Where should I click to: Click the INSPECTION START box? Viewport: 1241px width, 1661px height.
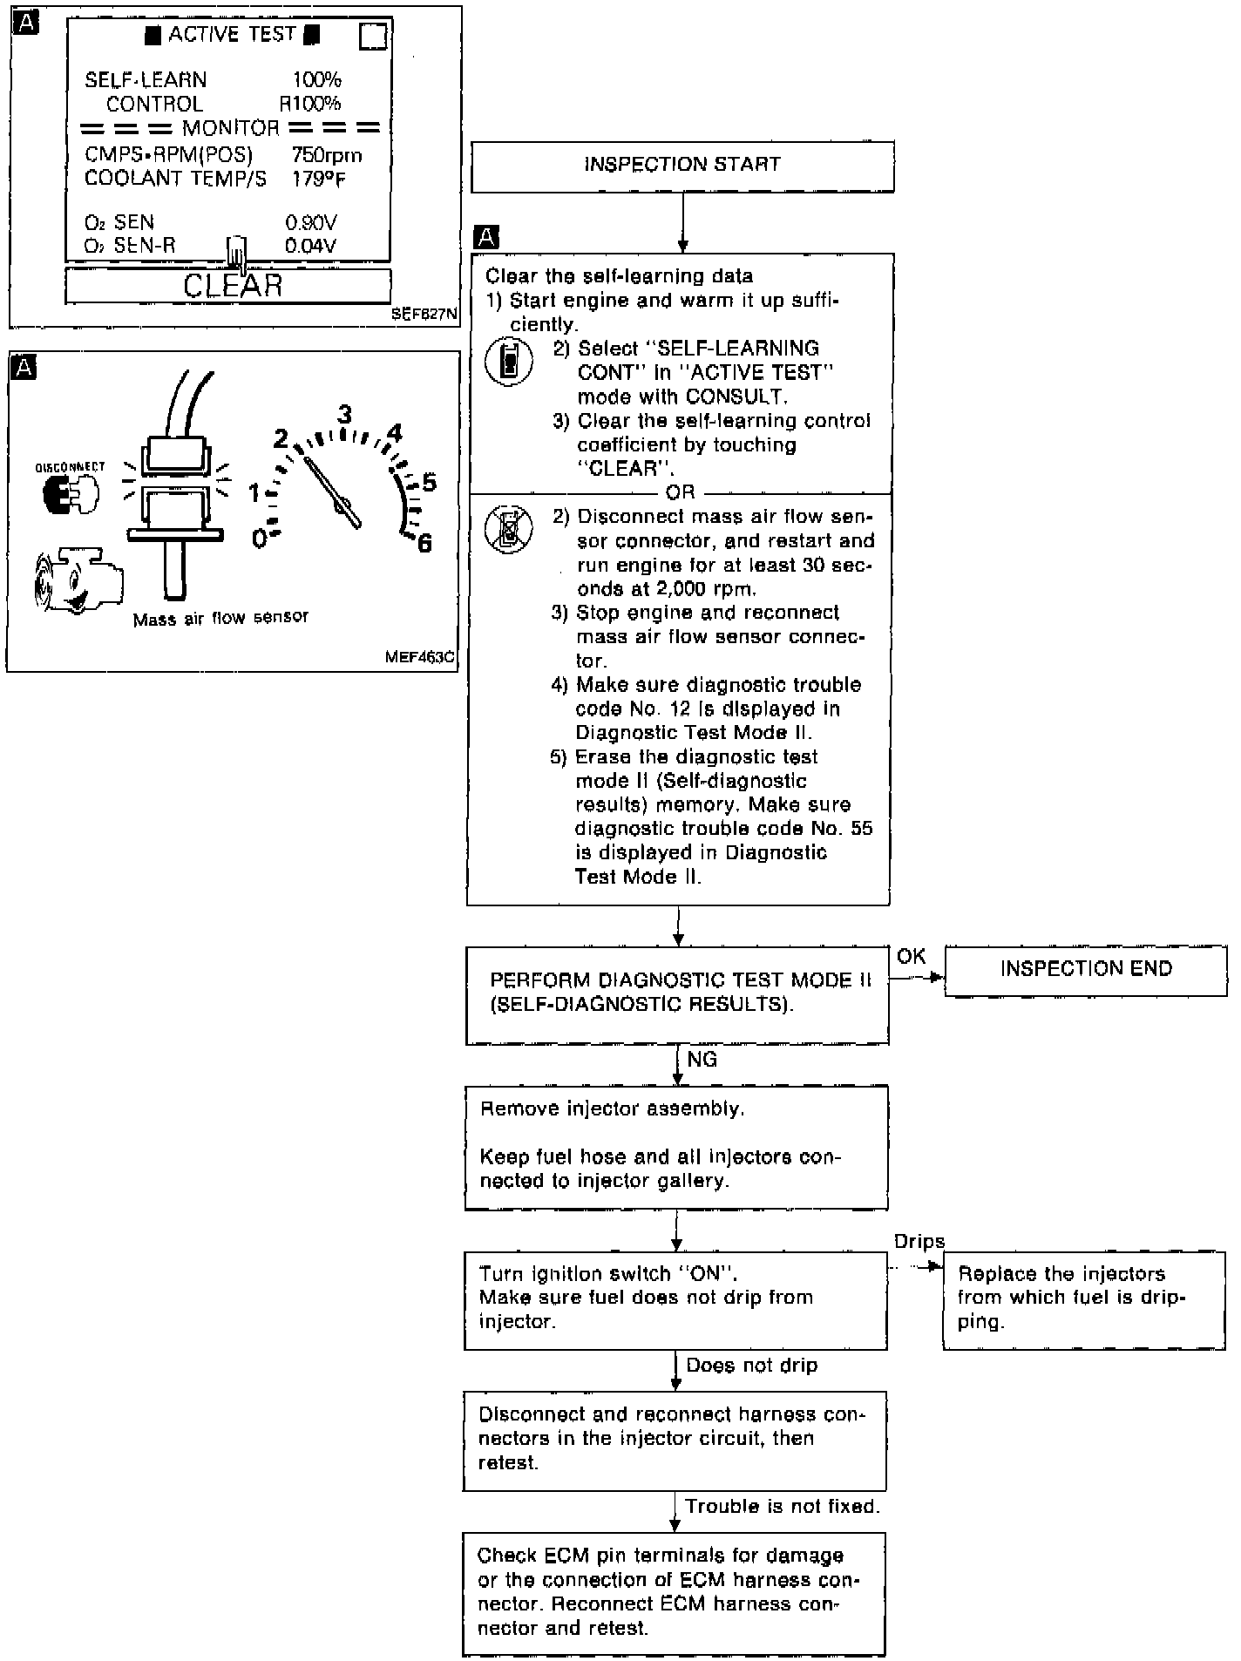pos(682,166)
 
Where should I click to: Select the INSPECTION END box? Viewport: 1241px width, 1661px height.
pos(1085,970)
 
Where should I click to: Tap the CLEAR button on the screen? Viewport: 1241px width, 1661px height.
pos(228,286)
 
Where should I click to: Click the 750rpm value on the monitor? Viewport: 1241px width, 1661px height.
pos(326,156)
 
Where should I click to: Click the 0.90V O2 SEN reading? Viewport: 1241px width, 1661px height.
pos(310,223)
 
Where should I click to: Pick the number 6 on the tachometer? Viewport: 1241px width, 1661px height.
pos(424,544)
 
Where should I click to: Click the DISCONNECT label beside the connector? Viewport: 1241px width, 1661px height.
pos(70,468)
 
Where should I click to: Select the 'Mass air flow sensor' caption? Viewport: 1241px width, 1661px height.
pos(220,618)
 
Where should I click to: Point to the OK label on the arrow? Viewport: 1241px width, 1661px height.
pos(911,957)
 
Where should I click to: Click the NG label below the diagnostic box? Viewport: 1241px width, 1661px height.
pos(702,1060)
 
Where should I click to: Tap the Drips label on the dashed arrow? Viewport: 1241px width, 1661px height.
pos(919,1242)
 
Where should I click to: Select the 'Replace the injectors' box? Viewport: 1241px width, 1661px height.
pos(1083,1298)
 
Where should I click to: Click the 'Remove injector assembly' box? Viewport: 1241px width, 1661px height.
pos(676,1146)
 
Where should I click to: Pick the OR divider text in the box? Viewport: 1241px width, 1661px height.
pos(680,492)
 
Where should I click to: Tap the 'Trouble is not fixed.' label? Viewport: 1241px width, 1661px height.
pos(782,1507)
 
